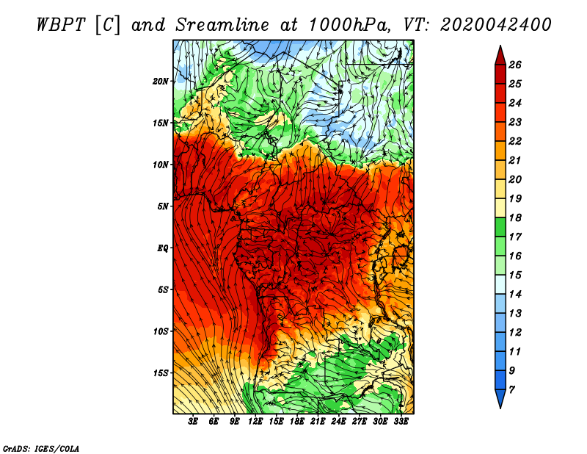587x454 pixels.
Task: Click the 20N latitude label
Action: pyautogui.click(x=161, y=82)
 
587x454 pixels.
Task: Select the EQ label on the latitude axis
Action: pyautogui.click(x=163, y=248)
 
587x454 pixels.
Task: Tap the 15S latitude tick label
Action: pyautogui.click(x=161, y=373)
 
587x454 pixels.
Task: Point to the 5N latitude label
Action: pyautogui.click(x=163, y=206)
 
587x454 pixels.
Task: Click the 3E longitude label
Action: pyautogui.click(x=193, y=422)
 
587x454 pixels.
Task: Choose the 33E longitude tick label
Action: pyautogui.click(x=401, y=422)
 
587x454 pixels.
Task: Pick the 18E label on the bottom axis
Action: pyautogui.click(x=297, y=422)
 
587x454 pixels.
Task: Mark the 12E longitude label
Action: pyautogui.click(x=255, y=422)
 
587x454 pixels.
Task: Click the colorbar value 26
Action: pyautogui.click(x=515, y=65)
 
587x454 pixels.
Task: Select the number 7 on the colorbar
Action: pyautogui.click(x=512, y=390)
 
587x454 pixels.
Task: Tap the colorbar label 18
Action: pyautogui.click(x=515, y=217)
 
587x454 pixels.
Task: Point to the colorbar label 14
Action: pyautogui.click(x=515, y=295)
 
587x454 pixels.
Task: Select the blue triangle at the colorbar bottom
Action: pyautogui.click(x=500, y=397)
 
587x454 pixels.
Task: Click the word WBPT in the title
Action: pyautogui.click(x=62, y=25)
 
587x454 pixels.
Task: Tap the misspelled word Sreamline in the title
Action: pyautogui.click(x=222, y=25)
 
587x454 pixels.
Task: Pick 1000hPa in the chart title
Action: pyautogui.click(x=348, y=25)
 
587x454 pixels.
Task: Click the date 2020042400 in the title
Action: pyautogui.click(x=495, y=25)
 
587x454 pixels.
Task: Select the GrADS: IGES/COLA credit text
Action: pyautogui.click(x=41, y=448)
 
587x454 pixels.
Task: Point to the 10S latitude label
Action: pyautogui.click(x=161, y=331)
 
